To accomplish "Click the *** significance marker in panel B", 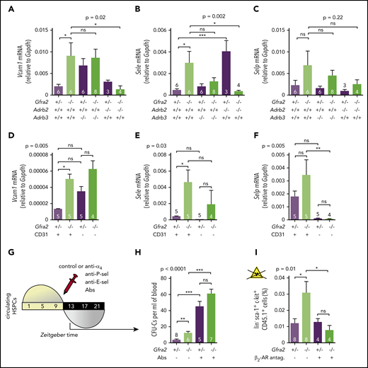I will [x=207, y=36].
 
